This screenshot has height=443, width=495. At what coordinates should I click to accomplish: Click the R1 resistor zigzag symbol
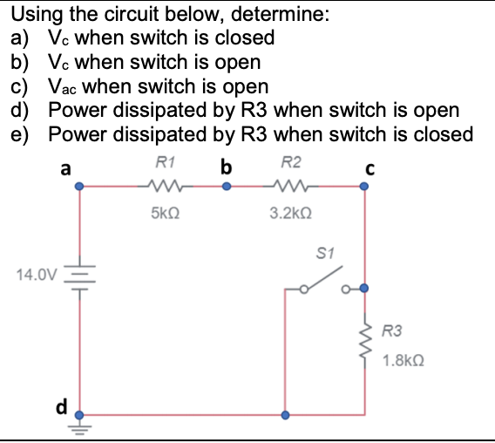pos(164,185)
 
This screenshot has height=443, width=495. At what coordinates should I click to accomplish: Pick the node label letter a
pos(65,167)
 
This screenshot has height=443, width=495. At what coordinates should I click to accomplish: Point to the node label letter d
pos(62,408)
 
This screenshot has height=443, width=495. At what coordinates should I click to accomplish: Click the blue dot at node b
pos(226,185)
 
